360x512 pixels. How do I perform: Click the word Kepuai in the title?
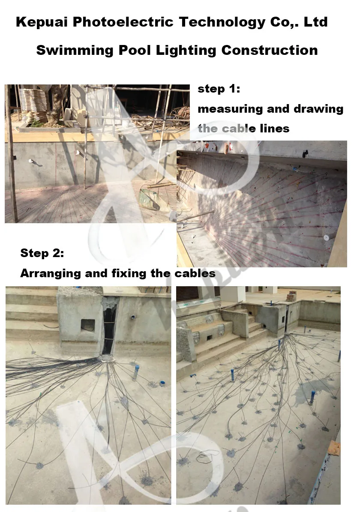42,22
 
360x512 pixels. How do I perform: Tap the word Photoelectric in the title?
123,22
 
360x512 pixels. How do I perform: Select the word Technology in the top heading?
222,22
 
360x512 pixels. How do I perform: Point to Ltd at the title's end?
315,22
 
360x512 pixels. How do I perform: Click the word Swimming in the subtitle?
75,51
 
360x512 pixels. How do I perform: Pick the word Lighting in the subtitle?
186,51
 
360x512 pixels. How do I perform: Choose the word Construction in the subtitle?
270,50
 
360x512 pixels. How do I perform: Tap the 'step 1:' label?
219,89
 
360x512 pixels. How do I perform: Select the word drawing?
318,109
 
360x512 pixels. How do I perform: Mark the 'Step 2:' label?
42,253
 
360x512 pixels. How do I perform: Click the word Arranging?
51,273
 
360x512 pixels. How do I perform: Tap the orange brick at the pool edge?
334,448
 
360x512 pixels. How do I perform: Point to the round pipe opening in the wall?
133,317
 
